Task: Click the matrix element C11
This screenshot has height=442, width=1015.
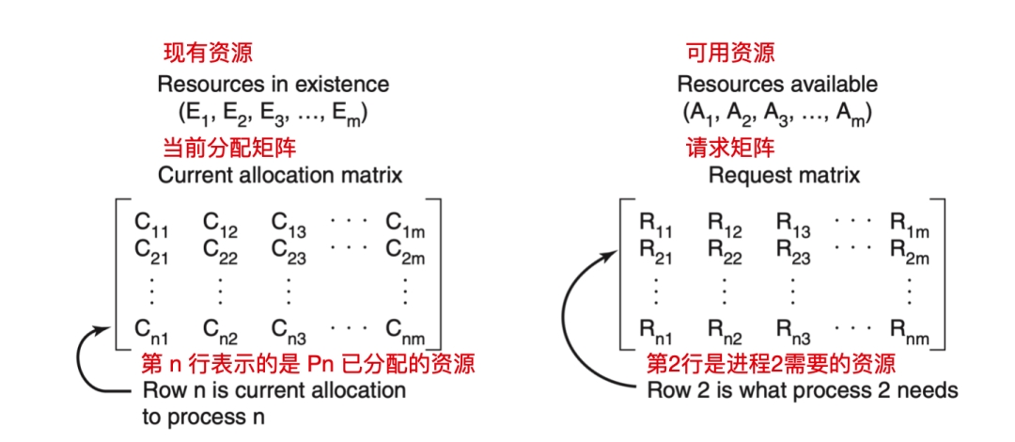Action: (151, 224)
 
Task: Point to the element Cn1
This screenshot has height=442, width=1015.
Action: (152, 328)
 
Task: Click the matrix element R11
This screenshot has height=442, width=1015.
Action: (657, 224)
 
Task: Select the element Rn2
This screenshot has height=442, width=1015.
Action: (726, 328)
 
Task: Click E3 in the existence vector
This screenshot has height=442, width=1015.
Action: (277, 115)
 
